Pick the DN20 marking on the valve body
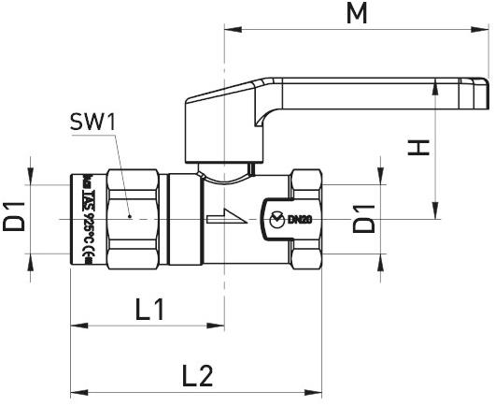pos(299,220)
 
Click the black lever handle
pos(336,97)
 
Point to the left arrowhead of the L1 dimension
pos(77,325)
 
